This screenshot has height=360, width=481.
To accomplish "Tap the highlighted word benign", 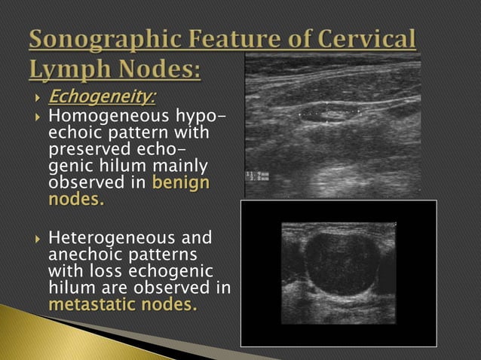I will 181,182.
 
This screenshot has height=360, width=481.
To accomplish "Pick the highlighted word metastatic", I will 97,304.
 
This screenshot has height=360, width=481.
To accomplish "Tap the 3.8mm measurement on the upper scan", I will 259,180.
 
